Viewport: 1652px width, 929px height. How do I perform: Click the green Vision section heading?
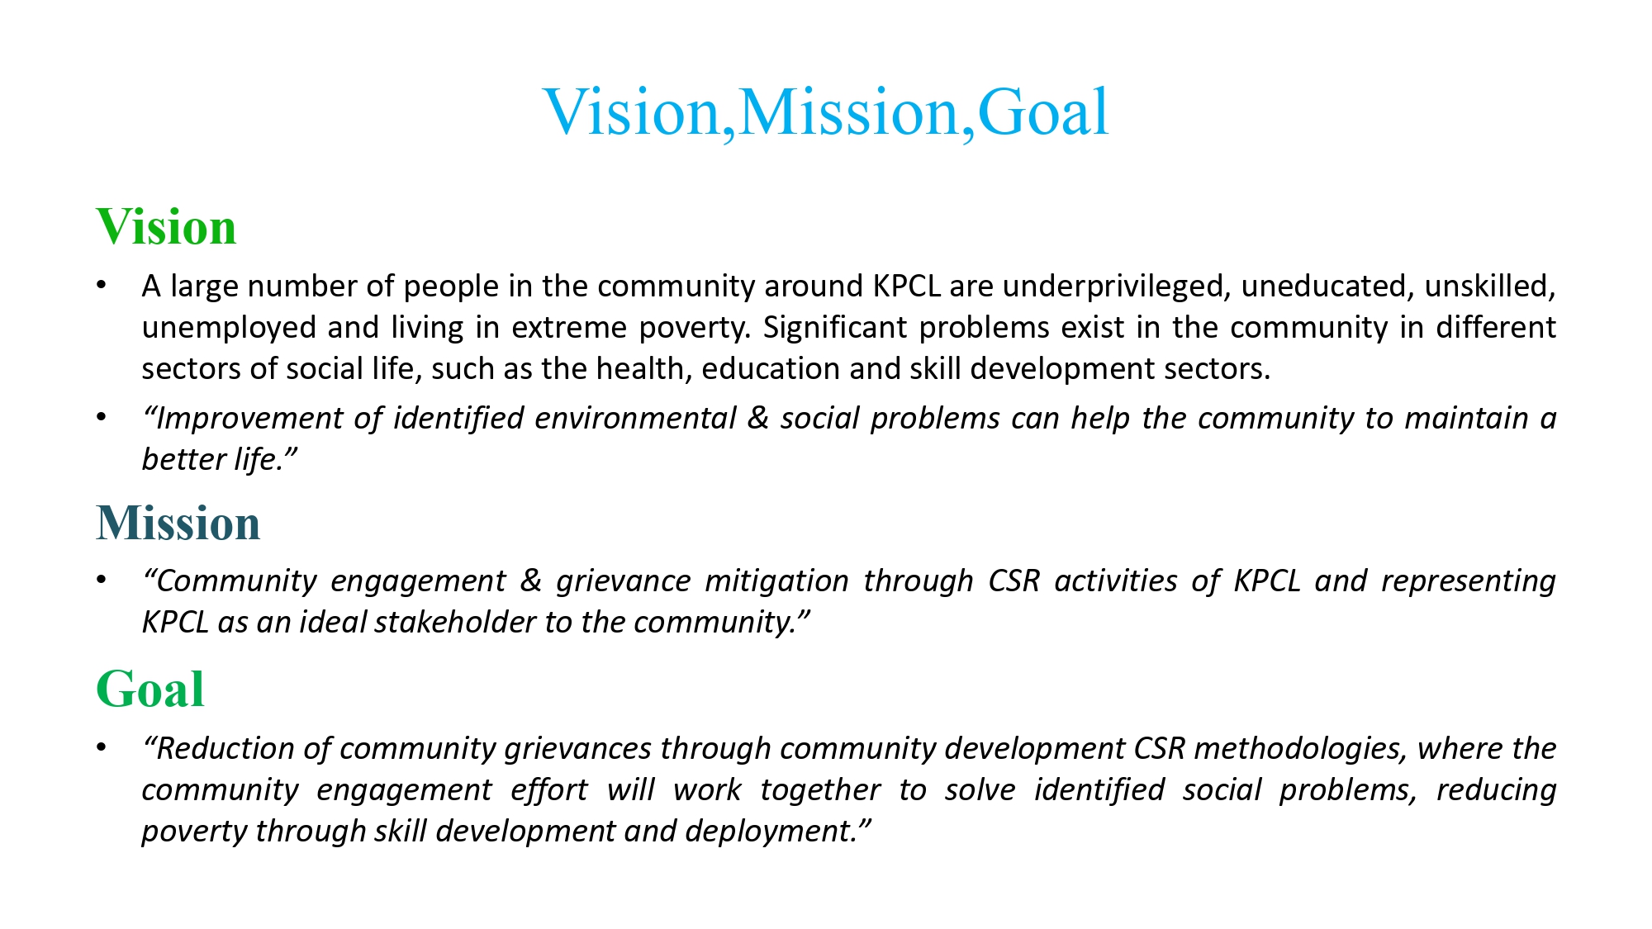point(166,226)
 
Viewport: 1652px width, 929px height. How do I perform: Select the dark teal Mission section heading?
point(178,523)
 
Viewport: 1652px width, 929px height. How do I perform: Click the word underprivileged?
point(1116,287)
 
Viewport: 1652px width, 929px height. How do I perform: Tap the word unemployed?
point(230,329)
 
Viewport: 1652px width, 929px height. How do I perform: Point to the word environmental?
point(635,418)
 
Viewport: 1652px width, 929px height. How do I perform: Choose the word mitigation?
point(776,581)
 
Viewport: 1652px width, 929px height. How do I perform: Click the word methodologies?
point(1301,749)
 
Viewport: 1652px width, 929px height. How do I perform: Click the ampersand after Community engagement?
point(531,581)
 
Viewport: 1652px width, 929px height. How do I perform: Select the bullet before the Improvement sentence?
point(102,417)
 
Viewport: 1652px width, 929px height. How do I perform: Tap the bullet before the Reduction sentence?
point(102,747)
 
